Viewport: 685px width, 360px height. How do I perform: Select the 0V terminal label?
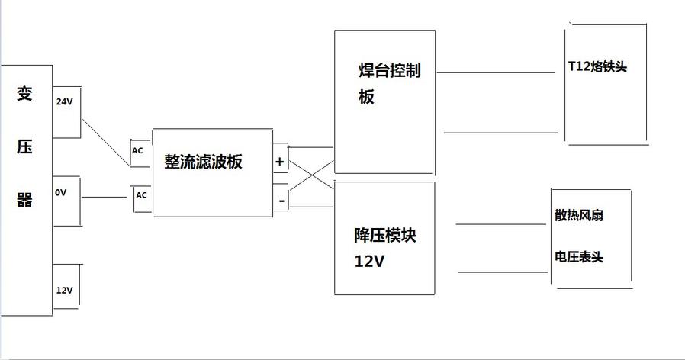click(x=61, y=193)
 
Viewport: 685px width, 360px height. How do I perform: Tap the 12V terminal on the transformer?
click(x=64, y=290)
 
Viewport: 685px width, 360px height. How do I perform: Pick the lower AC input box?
click(x=141, y=195)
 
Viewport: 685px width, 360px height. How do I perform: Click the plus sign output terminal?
click(x=279, y=162)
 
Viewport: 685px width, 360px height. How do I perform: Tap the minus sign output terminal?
click(x=280, y=201)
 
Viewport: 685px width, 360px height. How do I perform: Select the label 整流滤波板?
click(x=203, y=162)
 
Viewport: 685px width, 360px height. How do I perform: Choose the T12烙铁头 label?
click(x=597, y=67)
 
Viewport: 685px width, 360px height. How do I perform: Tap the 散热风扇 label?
click(x=579, y=216)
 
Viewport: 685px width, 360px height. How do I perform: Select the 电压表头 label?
click(x=579, y=257)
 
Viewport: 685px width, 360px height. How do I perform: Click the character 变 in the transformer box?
click(x=24, y=95)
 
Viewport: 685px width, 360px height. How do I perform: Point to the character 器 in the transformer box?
click(x=24, y=200)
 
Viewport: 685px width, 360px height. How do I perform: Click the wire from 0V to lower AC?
click(x=104, y=197)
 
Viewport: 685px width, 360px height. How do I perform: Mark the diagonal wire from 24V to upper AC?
click(x=105, y=141)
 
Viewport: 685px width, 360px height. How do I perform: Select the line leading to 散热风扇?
click(x=500, y=224)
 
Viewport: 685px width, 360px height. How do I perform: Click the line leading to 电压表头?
click(x=500, y=271)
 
